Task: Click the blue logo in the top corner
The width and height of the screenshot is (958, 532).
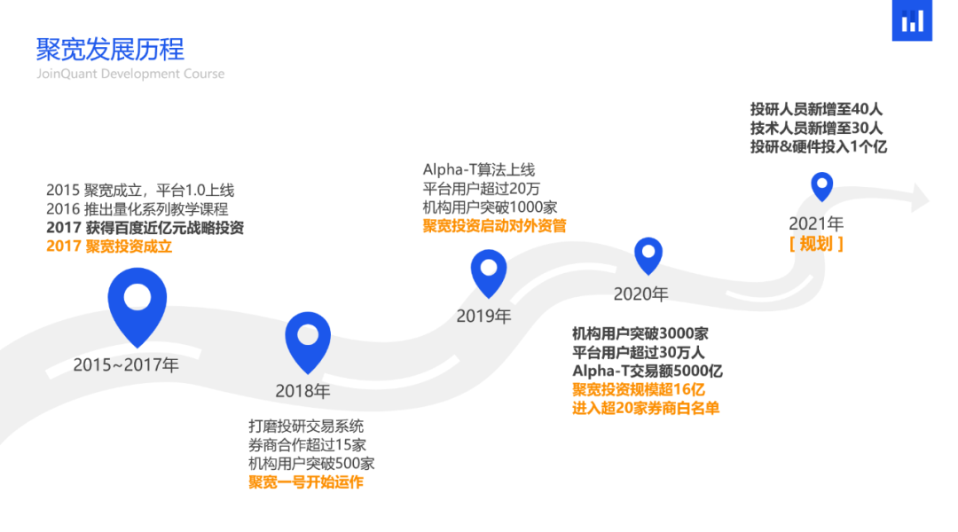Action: (912, 20)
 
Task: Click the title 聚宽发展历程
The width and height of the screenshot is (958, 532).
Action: (110, 48)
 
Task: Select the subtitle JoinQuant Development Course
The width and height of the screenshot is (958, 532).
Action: (130, 74)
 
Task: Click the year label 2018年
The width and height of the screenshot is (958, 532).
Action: (302, 390)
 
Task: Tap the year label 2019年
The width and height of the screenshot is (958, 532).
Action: (483, 316)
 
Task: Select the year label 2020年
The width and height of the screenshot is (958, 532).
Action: (641, 293)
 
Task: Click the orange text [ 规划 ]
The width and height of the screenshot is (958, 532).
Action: (816, 244)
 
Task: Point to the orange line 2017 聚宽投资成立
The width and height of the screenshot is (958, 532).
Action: (109, 246)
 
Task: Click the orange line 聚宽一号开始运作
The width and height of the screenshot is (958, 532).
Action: (306, 482)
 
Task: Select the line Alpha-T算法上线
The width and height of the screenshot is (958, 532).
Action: (479, 169)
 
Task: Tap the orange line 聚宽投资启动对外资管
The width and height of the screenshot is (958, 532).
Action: (494, 225)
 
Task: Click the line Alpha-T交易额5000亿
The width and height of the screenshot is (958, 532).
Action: (648, 372)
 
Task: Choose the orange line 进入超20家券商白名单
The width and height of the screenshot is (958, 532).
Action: (646, 409)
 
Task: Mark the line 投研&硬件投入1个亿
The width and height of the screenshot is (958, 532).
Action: (819, 147)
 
